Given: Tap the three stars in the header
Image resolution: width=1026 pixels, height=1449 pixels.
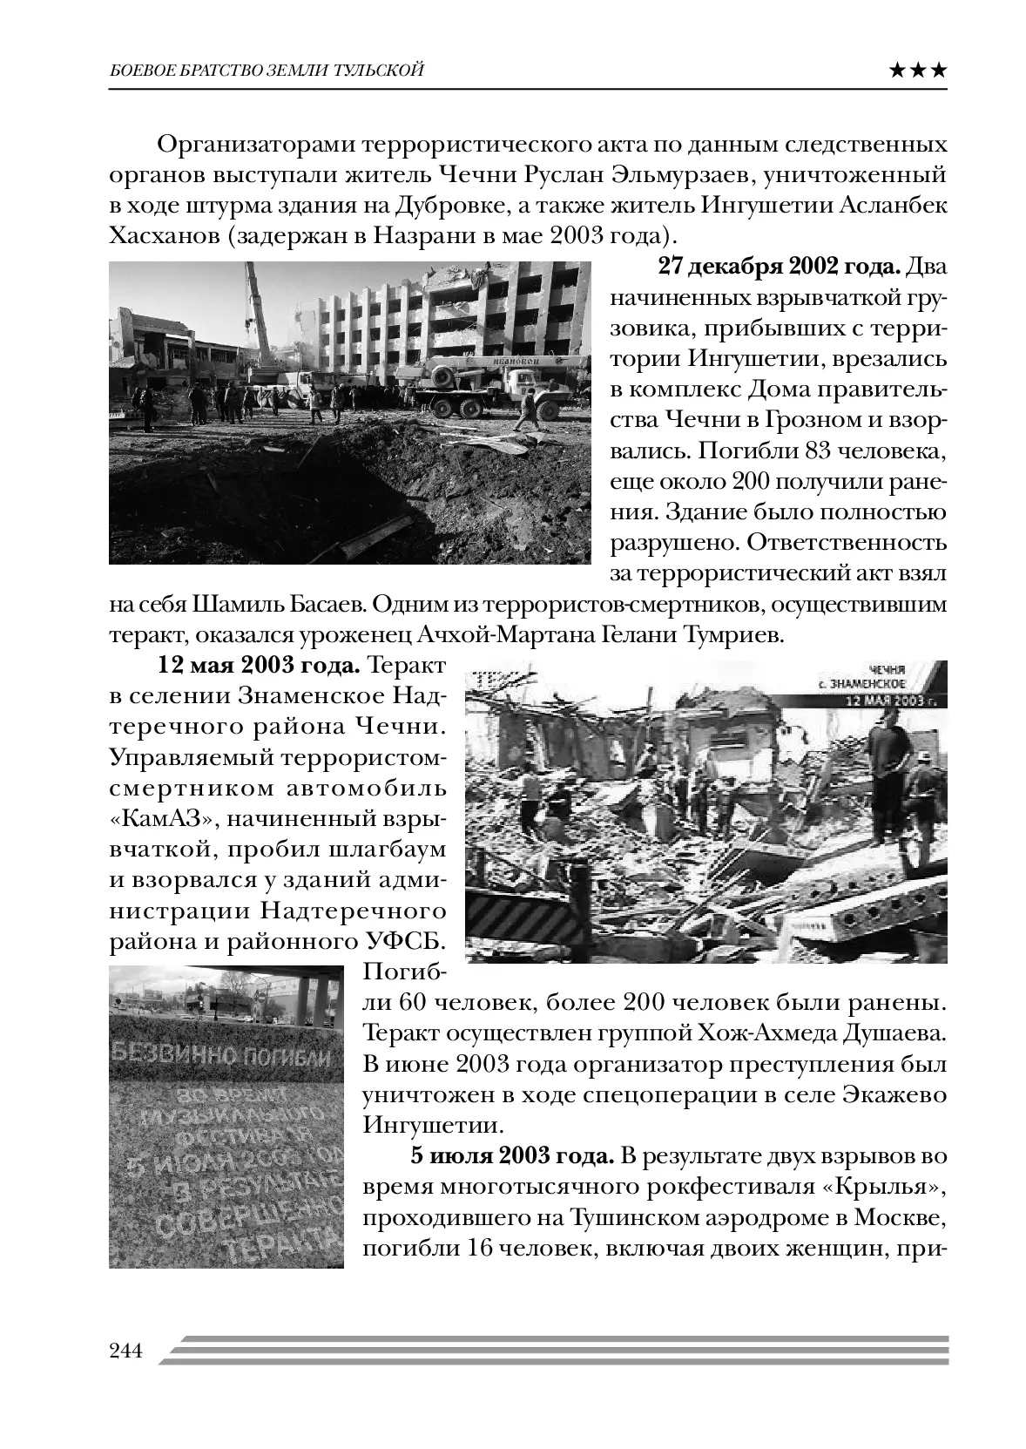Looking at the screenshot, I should (918, 71).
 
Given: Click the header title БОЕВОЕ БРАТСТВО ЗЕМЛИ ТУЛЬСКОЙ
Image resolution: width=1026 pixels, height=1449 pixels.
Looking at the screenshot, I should (267, 71).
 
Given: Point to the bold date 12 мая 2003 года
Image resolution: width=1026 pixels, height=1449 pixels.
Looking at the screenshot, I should (258, 667).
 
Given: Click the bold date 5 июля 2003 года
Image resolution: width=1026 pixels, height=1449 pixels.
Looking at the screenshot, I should (512, 1156).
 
